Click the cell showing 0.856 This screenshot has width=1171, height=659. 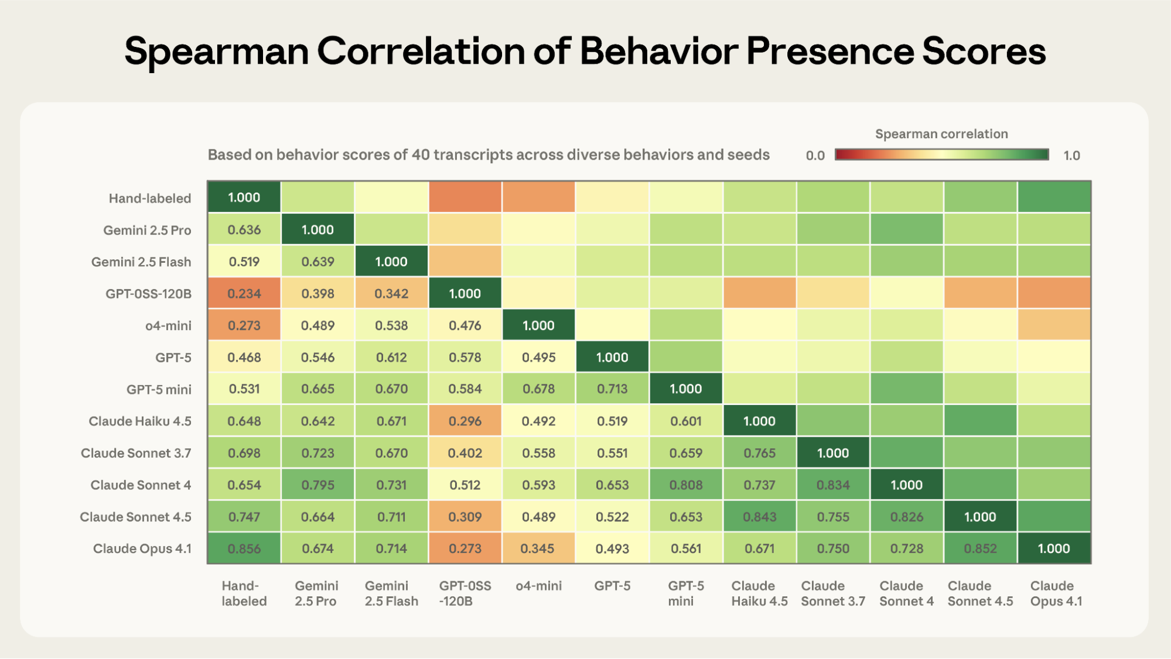click(x=244, y=548)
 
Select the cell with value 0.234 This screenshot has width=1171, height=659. click(x=244, y=293)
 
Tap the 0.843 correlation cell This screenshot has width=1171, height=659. click(x=759, y=517)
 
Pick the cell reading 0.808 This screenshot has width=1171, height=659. click(x=685, y=485)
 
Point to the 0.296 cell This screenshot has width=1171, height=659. click(x=465, y=421)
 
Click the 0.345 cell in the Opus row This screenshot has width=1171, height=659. click(x=538, y=548)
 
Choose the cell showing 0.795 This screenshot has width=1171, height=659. click(x=317, y=485)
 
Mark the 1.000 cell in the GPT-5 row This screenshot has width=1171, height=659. click(x=612, y=357)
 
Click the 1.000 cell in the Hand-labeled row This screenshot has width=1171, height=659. click(x=244, y=197)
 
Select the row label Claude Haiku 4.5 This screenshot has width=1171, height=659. click(x=140, y=421)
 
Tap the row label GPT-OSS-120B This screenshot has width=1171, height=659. click(x=148, y=294)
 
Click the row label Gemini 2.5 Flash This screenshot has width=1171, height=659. click(x=141, y=262)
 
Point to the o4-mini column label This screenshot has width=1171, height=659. click(x=538, y=586)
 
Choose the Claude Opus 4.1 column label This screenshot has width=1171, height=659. click(x=1056, y=593)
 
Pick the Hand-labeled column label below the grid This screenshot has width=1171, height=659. click(x=244, y=593)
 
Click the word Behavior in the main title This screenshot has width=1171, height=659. click(x=658, y=51)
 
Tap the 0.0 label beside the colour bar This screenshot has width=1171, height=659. click(x=815, y=156)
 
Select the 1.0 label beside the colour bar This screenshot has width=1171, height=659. click(x=1071, y=156)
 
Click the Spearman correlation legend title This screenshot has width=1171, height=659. click(x=941, y=134)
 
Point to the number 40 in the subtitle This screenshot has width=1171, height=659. click(x=420, y=155)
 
